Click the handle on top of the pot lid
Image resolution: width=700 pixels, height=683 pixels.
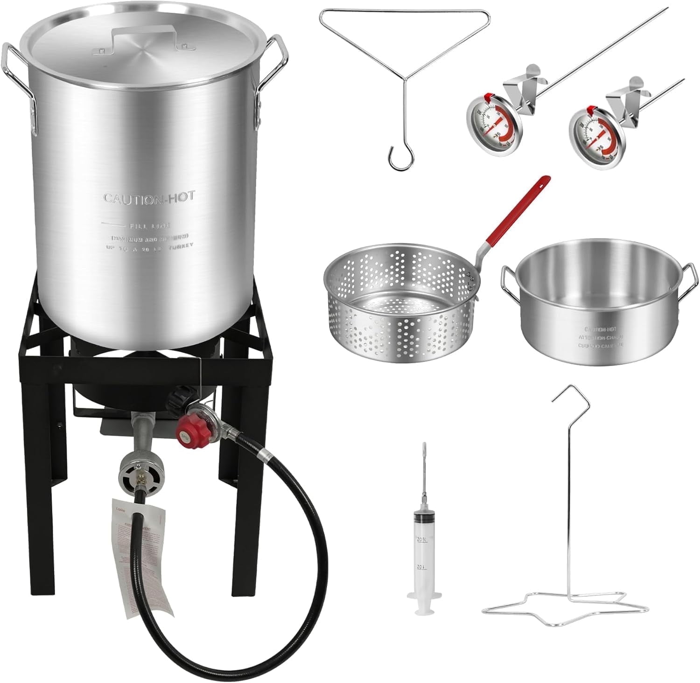click(x=148, y=34)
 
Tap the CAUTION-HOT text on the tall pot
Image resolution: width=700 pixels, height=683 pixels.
click(x=149, y=198)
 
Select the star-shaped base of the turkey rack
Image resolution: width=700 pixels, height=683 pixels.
click(x=565, y=602)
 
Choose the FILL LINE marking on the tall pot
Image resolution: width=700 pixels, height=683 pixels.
click(x=150, y=225)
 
